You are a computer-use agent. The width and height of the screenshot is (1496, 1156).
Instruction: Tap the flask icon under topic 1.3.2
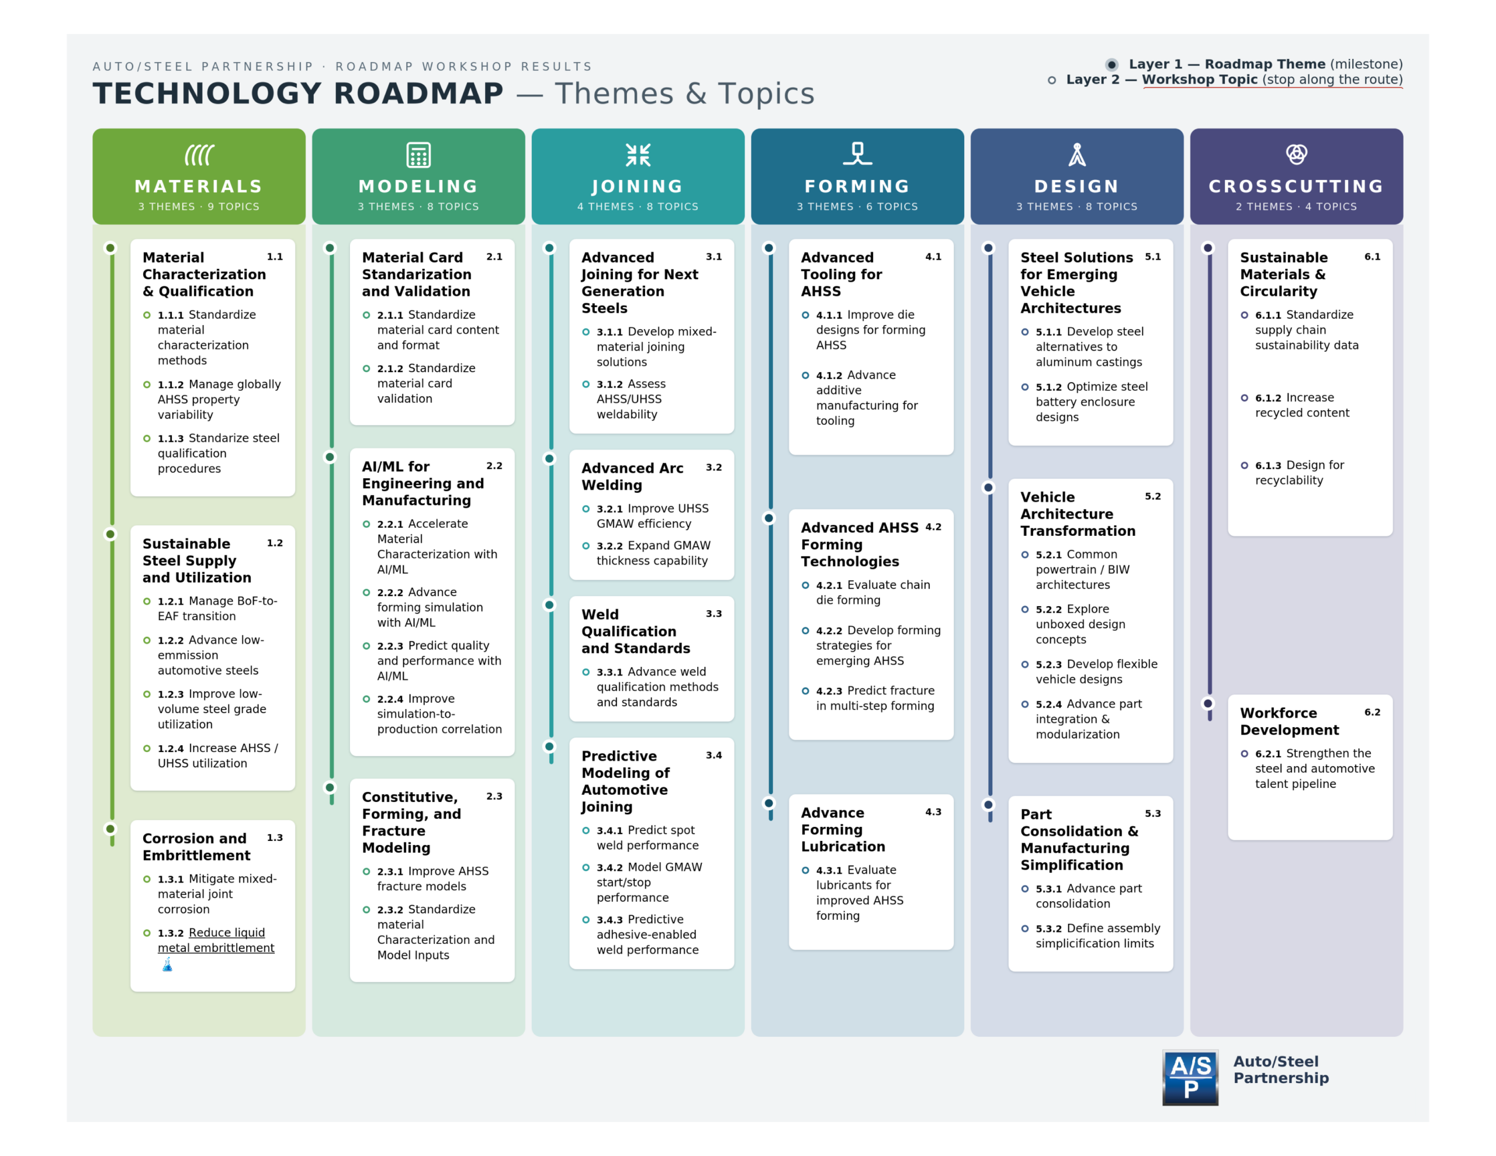tap(167, 965)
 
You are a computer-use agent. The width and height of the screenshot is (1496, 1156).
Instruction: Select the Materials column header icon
tap(199, 155)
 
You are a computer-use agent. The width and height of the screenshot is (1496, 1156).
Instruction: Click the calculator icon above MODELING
tap(418, 155)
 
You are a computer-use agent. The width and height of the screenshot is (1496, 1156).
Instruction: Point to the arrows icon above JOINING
tap(638, 155)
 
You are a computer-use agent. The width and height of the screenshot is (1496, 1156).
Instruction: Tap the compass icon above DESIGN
tap(1077, 155)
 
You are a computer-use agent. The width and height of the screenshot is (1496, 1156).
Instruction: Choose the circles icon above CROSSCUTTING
tap(1296, 154)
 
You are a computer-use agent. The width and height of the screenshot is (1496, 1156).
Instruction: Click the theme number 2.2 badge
tap(494, 466)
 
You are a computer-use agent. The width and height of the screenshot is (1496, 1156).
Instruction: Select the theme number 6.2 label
tap(1372, 712)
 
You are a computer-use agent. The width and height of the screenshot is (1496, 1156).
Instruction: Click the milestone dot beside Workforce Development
tap(1208, 703)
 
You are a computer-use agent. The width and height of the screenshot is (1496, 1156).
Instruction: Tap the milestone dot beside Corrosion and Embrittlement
tap(110, 829)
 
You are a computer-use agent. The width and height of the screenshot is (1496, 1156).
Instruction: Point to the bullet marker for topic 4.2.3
tap(805, 691)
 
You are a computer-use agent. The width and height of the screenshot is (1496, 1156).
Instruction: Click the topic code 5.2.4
tap(1049, 704)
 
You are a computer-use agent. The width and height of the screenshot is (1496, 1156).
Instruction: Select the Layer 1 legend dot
tap(1111, 64)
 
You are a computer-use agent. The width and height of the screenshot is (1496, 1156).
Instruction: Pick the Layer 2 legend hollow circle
tap(1051, 80)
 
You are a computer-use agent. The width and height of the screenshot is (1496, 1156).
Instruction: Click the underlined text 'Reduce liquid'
tap(227, 933)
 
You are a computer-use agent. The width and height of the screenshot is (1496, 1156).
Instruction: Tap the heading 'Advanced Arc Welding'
tap(632, 476)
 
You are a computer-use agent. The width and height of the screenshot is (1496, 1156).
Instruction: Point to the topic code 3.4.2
tap(610, 867)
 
